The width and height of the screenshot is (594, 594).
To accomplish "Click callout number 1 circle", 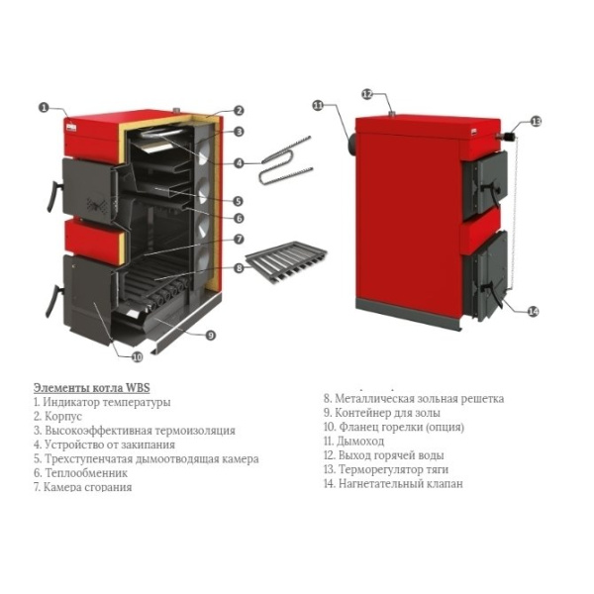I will click(x=44, y=106).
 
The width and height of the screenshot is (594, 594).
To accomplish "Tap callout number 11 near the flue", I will click(x=318, y=105).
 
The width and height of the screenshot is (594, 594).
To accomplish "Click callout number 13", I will click(x=536, y=122).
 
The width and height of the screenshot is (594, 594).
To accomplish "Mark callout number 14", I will click(x=534, y=312).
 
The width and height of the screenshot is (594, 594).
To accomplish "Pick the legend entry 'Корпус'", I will click(x=59, y=417).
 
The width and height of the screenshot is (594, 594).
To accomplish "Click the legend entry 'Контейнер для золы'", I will click(x=387, y=413).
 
